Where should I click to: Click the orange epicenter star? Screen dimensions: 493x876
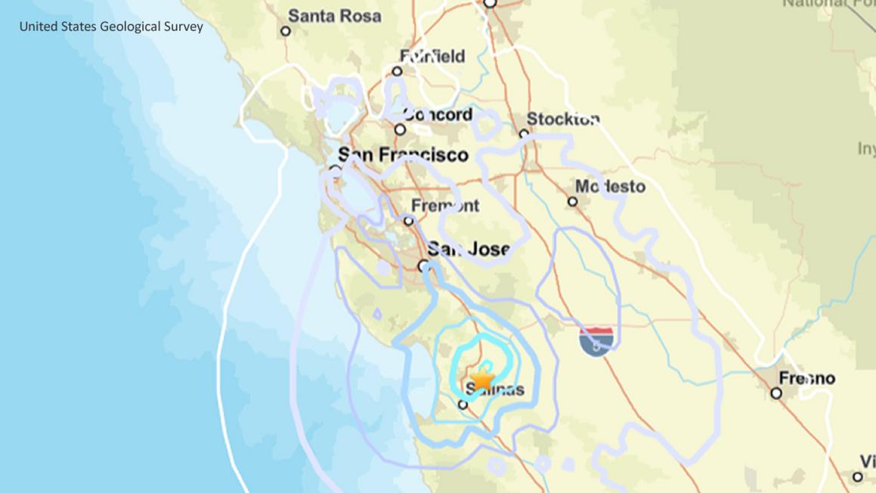pyautogui.click(x=481, y=378)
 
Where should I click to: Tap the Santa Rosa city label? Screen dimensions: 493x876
pyautogui.click(x=335, y=15)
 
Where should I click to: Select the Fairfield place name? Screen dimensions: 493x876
pyautogui.click(x=432, y=56)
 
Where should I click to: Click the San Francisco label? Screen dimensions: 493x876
pyautogui.click(x=403, y=155)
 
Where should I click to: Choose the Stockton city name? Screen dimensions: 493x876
pyautogui.click(x=563, y=119)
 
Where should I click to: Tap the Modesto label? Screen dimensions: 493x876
pyautogui.click(x=610, y=186)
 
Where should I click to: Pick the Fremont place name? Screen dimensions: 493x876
pyautogui.click(x=445, y=206)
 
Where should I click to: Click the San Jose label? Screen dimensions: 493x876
pyautogui.click(x=469, y=249)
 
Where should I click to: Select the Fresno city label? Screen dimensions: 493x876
pyautogui.click(x=808, y=378)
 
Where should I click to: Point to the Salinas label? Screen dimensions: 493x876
pyautogui.click(x=494, y=390)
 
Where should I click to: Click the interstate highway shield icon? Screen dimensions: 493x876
pyautogui.click(x=596, y=341)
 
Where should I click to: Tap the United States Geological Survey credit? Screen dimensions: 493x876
pyautogui.click(x=111, y=26)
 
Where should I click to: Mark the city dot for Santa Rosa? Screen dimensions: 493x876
pyautogui.click(x=286, y=31)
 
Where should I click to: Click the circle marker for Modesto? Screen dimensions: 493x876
pyautogui.click(x=573, y=201)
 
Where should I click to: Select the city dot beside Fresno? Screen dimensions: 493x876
pyautogui.click(x=776, y=393)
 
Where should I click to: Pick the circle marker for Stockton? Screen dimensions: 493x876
pyautogui.click(x=524, y=134)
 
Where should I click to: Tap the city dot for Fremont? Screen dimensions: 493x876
pyautogui.click(x=409, y=221)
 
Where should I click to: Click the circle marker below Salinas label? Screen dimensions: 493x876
pyautogui.click(x=463, y=405)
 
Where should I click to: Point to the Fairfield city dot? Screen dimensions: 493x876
pyautogui.click(x=397, y=71)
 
